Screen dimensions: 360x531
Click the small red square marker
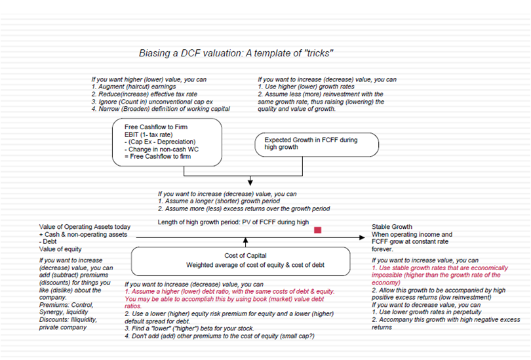(317, 230)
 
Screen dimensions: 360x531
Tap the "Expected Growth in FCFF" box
(317, 144)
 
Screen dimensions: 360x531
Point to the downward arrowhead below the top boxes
(250, 182)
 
